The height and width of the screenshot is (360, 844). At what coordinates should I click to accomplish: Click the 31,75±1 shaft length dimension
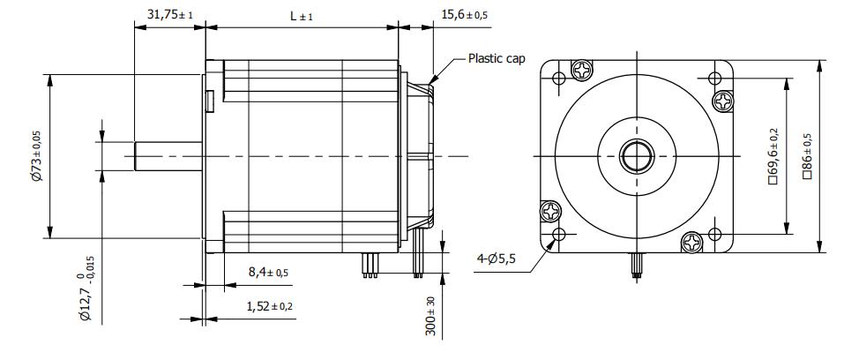(169, 14)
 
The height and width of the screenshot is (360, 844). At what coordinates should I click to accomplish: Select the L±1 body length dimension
(302, 16)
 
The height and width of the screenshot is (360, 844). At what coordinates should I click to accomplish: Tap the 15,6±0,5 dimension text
(464, 14)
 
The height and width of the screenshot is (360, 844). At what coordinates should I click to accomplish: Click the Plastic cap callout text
(497, 58)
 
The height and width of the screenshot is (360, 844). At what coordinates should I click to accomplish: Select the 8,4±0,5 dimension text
(268, 272)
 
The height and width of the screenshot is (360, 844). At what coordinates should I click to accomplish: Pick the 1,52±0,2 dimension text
(270, 307)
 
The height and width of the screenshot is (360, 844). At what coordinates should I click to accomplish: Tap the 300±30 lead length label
(431, 316)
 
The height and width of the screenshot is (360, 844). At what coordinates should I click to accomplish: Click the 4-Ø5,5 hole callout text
(496, 259)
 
